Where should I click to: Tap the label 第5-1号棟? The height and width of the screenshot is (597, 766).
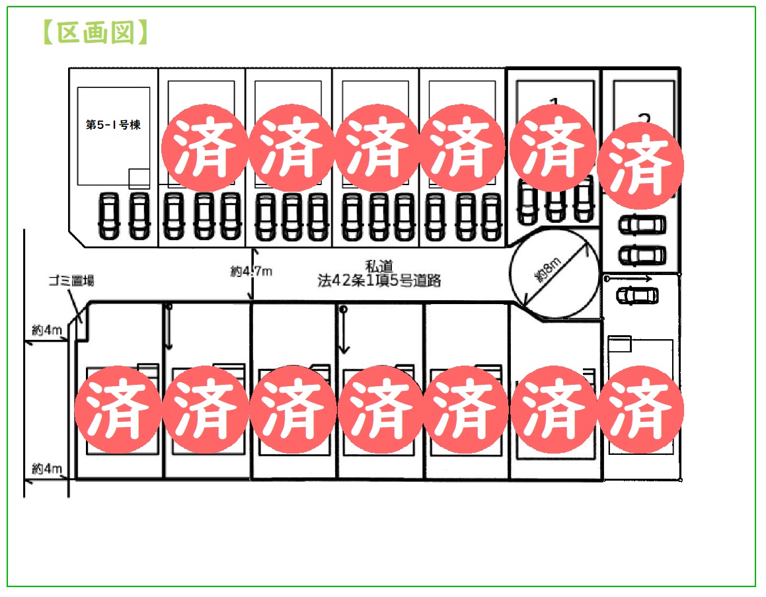point(113,125)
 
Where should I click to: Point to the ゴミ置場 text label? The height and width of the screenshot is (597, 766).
point(71,281)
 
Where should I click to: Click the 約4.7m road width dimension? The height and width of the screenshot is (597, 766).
point(251,270)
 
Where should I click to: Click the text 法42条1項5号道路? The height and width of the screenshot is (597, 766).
point(379,280)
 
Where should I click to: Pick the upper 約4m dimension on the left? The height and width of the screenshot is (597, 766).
point(47,330)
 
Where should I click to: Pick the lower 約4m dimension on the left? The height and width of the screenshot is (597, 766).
point(47,469)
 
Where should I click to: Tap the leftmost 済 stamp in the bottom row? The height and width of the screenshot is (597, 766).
point(117,410)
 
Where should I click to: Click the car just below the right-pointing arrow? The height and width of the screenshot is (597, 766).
point(636,295)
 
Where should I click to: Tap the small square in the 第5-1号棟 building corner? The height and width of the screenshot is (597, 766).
point(139,179)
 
